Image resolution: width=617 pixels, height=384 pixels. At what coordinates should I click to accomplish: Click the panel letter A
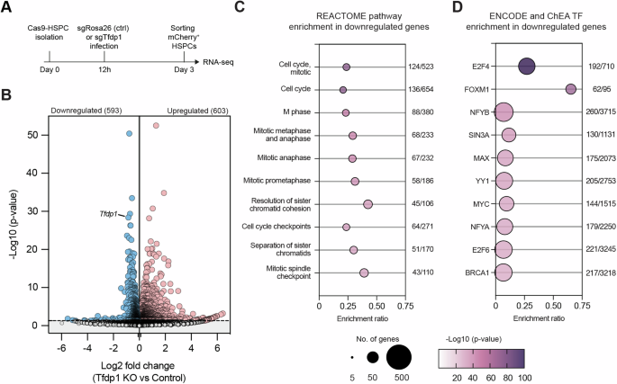pos(6,7)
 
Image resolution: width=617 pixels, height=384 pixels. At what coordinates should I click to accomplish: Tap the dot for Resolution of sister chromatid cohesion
pos(367,204)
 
